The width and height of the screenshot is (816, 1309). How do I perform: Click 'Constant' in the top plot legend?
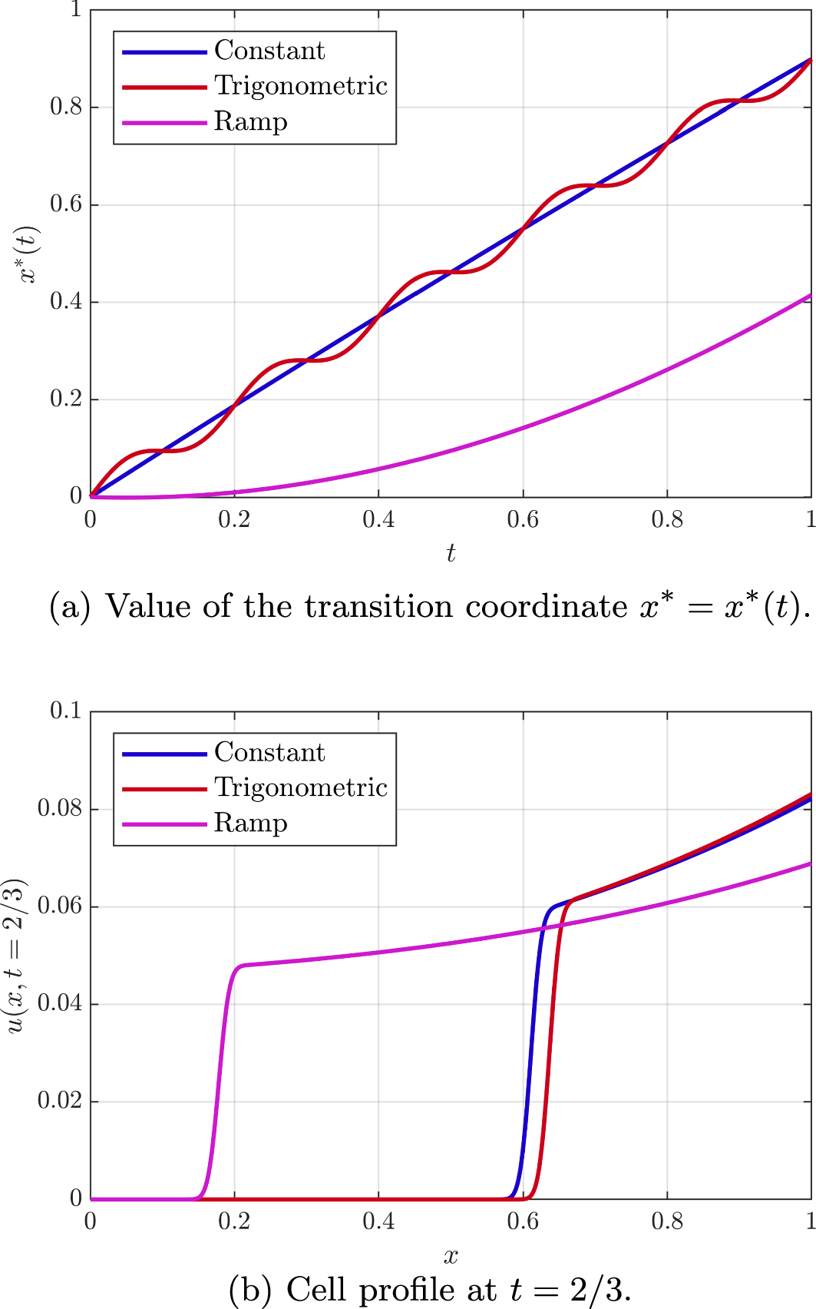pyautogui.click(x=269, y=51)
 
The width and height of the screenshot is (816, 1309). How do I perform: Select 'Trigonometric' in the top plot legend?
pyautogui.click(x=300, y=86)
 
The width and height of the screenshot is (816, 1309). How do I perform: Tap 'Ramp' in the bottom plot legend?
pyautogui.click(x=250, y=823)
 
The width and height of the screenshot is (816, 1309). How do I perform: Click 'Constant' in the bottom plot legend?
pyautogui.click(x=269, y=752)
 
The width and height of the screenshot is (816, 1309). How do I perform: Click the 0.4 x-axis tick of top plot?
pyautogui.click(x=378, y=520)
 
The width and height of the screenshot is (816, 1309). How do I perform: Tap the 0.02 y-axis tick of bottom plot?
pyautogui.click(x=59, y=1101)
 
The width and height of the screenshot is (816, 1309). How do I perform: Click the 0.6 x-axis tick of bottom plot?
pyautogui.click(x=523, y=1221)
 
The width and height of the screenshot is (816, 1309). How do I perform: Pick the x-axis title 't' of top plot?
pyautogui.click(x=451, y=553)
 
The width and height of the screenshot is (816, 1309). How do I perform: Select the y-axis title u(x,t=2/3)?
pyautogui.click(x=17, y=955)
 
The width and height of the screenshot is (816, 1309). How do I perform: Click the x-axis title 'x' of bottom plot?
pyautogui.click(x=451, y=1256)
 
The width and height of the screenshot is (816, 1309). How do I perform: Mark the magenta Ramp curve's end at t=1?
pyautogui.click(x=810, y=295)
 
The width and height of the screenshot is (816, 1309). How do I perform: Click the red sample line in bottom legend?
pyautogui.click(x=164, y=788)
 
